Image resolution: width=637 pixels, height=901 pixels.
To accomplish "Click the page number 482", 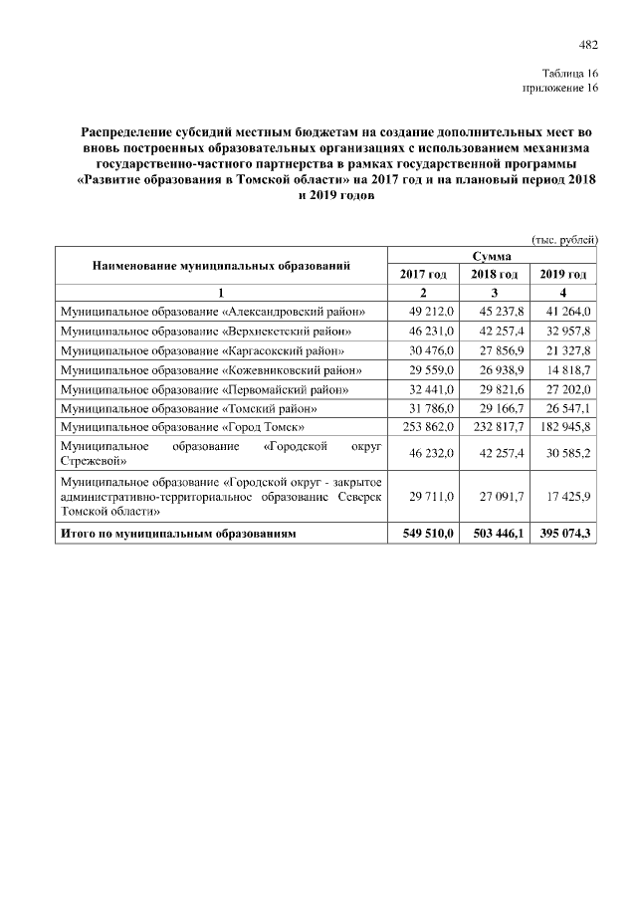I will pos(588,44).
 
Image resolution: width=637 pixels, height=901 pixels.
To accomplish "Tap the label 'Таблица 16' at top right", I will pos(570,74).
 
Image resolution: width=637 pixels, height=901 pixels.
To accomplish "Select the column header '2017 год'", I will pos(423,274).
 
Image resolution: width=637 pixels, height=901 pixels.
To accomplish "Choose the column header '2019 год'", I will pos(563,274).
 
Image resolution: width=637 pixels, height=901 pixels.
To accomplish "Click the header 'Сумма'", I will pos(493,256).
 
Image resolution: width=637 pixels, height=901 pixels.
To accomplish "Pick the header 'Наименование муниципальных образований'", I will pos(221,265).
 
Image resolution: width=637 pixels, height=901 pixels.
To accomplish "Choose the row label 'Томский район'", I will pos(189,407).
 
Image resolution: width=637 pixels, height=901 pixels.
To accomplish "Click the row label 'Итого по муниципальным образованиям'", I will pos(178,535).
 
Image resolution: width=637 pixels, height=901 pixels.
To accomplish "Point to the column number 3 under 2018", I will pos(493,293).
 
